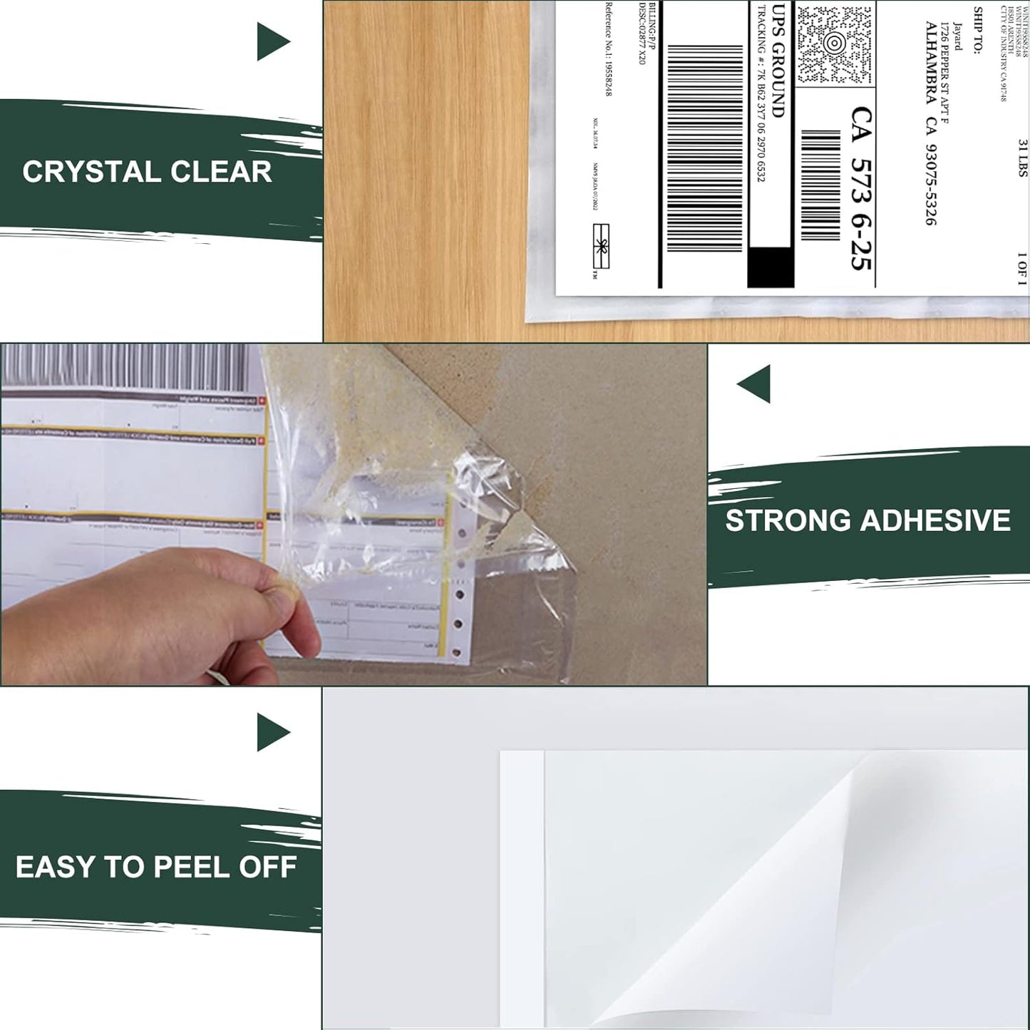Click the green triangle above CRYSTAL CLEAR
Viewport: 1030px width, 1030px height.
pyautogui.click(x=272, y=41)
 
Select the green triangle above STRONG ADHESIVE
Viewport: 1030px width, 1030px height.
pyautogui.click(x=755, y=383)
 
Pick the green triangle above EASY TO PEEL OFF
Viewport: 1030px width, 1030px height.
pyautogui.click(x=272, y=732)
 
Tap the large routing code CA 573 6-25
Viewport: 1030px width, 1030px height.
pyautogui.click(x=861, y=189)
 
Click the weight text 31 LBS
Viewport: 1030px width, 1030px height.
pyautogui.click(x=1023, y=158)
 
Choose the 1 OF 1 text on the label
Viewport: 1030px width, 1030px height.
pyautogui.click(x=1022, y=269)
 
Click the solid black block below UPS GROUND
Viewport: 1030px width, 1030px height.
pyautogui.click(x=770, y=267)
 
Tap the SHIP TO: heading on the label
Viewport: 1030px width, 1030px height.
pyautogui.click(x=978, y=31)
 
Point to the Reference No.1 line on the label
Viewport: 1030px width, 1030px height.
pyautogui.click(x=608, y=48)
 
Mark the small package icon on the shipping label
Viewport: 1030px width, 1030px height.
pyautogui.click(x=601, y=246)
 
